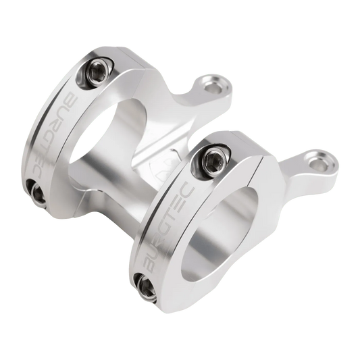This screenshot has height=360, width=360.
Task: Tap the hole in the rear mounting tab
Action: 217,86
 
